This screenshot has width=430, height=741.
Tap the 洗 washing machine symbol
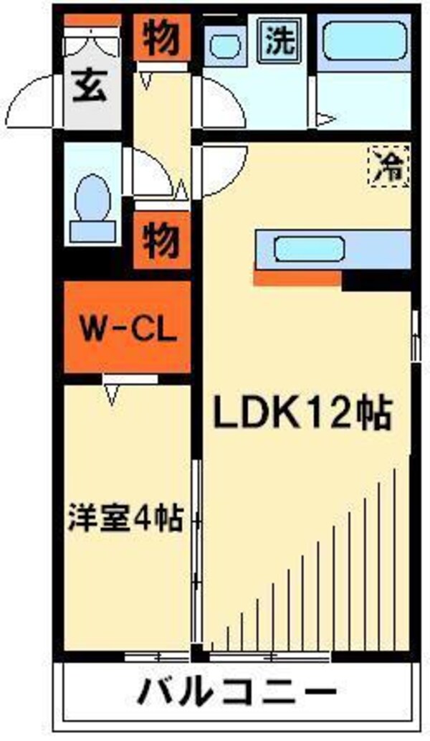[280, 41]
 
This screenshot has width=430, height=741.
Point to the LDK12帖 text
[300, 414]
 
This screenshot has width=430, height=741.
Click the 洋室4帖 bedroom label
[125, 518]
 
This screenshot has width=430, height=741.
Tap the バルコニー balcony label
[236, 694]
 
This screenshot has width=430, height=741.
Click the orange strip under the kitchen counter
[297, 277]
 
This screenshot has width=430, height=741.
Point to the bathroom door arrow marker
[325, 118]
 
